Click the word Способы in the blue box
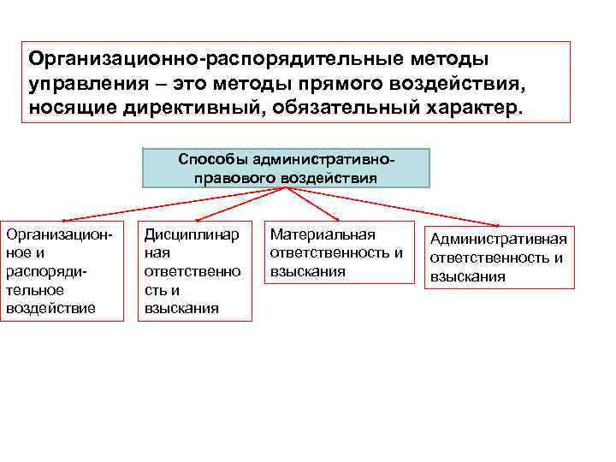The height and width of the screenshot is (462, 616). tap(209, 160)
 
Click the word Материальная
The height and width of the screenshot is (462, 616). tap(322, 235)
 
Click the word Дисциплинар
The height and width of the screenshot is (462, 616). tap(192, 235)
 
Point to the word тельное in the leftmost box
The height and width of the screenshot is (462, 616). tap(34, 290)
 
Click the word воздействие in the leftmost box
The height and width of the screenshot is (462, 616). tap(50, 308)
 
